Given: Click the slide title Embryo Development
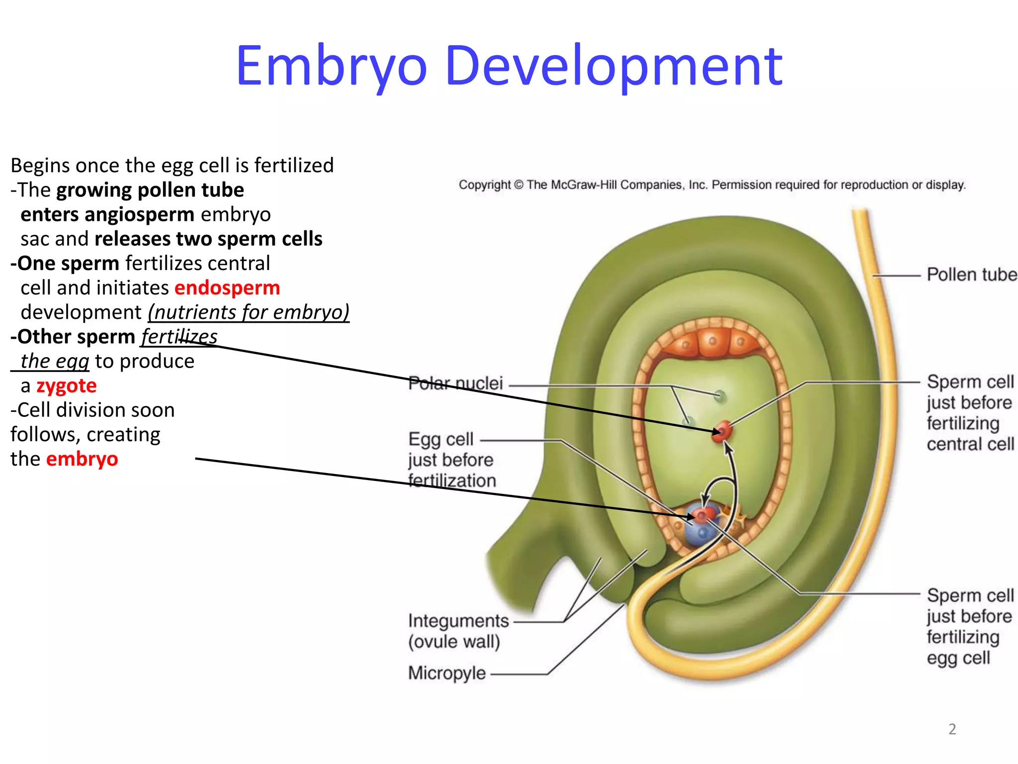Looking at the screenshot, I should tap(509, 66).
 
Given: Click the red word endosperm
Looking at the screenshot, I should tap(227, 288).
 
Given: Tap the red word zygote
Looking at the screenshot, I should tap(67, 386).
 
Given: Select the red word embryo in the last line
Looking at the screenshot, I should tap(82, 459).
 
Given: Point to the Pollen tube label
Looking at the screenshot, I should tap(971, 275).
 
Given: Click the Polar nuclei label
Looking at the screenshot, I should tap(455, 383).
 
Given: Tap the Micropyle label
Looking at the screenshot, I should tap(447, 673).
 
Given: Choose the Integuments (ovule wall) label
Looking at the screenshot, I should tap(458, 631).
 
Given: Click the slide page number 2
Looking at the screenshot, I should tap(952, 729).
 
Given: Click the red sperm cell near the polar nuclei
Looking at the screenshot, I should tap(723, 430).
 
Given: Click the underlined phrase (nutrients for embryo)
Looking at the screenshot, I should tap(249, 312).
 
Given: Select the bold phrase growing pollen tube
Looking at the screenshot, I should tap(150, 190).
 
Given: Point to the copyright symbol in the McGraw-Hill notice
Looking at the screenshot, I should tap(518, 185).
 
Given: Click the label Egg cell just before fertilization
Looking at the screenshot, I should tap(451, 460).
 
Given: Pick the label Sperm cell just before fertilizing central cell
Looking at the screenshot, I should tap(970, 413).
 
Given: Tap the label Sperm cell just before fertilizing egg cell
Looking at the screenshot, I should tap(970, 626).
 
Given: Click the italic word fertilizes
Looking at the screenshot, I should tap(179, 337).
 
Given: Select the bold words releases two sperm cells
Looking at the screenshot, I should tap(208, 239).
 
